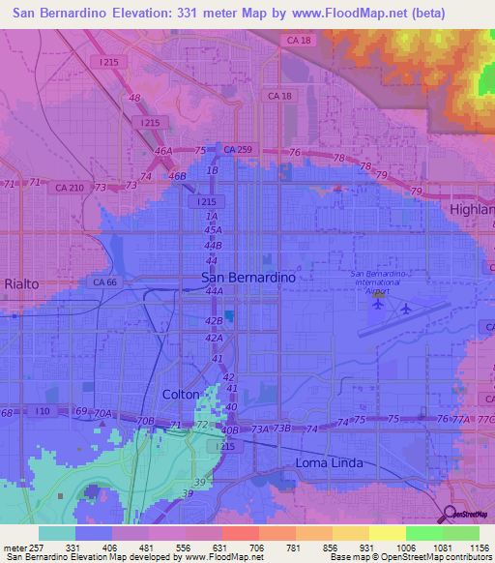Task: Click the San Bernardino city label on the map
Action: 247,277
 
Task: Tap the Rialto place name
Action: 20,283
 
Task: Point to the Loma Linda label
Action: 329,463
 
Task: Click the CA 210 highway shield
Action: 69,188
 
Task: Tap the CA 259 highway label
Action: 237,150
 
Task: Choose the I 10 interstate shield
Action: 42,413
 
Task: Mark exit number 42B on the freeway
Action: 214,320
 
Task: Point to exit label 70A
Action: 102,414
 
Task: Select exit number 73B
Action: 281,429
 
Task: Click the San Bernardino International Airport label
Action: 377,281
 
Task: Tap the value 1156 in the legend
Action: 480,548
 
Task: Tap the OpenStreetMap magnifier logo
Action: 448,514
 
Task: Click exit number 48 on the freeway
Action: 133,99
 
